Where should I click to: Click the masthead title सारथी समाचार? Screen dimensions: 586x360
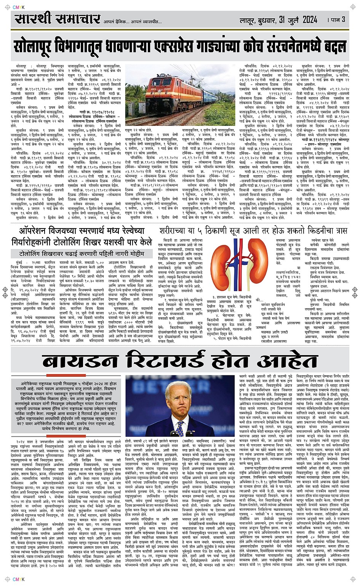click(x=58, y=19)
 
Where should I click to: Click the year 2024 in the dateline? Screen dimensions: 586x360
click(x=309, y=19)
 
